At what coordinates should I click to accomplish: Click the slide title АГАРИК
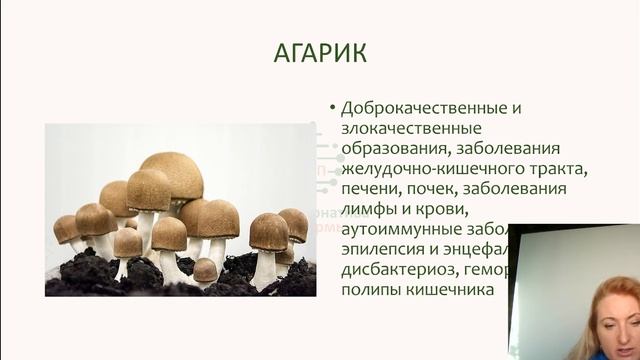tap(320, 53)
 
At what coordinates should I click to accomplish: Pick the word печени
tap(372, 189)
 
